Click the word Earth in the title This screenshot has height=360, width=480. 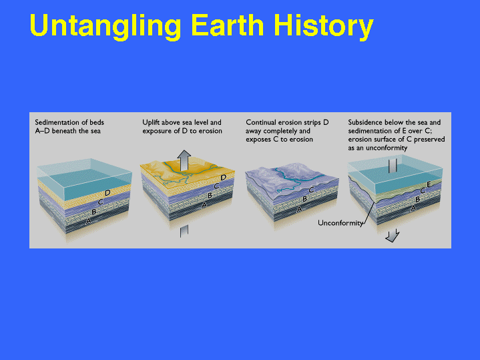pos(228,25)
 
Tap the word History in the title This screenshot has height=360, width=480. pos(324,27)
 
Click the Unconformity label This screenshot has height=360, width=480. pos(340,222)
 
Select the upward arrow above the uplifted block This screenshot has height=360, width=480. pos(184,160)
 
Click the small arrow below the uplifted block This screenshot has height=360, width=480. pos(184,230)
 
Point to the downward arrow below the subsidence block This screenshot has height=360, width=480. pos(393,235)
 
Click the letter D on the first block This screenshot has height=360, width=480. pos(107,193)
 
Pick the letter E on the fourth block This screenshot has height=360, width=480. pos(429,184)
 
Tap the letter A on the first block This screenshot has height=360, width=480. pos(89,220)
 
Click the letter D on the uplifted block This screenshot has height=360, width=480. pos(223,178)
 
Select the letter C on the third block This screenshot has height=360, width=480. pos(312,190)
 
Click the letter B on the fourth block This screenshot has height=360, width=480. pos(417,200)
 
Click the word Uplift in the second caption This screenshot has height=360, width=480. pos(151,122)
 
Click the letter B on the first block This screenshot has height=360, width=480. pos(94,212)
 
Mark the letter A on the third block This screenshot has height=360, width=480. pos(300,209)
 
